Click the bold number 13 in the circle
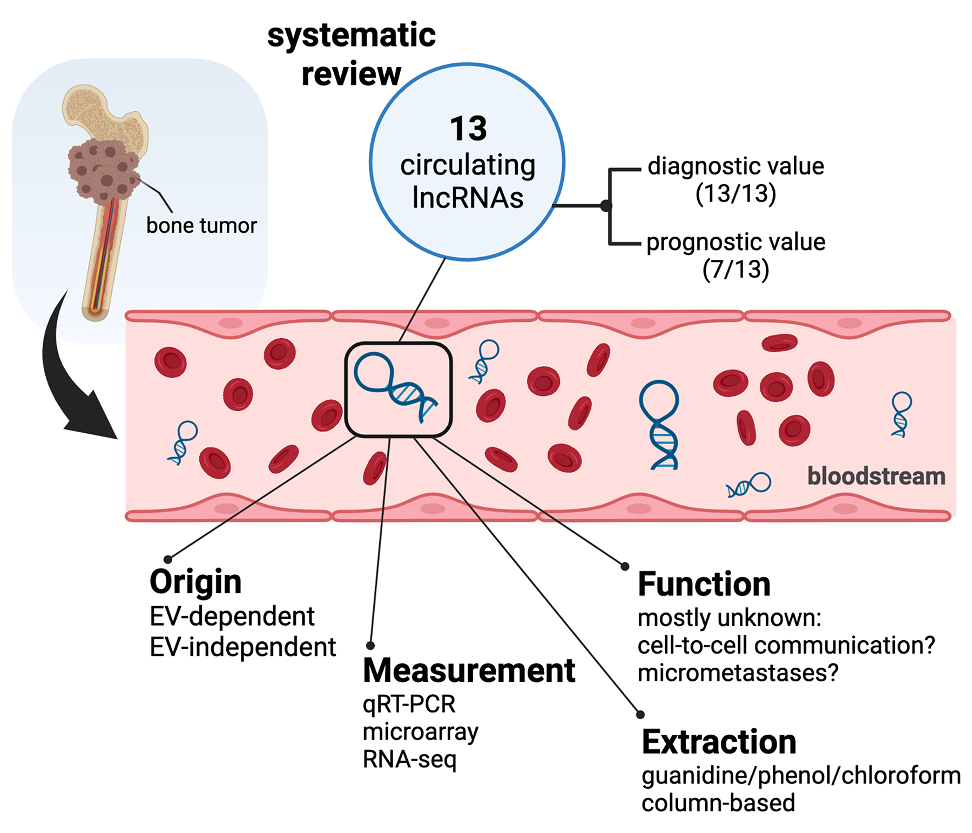click(x=468, y=129)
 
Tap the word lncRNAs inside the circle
click(x=468, y=197)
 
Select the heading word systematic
click(x=352, y=36)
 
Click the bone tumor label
click(x=201, y=225)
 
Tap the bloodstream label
click(x=876, y=476)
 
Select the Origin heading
click(x=195, y=582)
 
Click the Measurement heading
click(x=469, y=670)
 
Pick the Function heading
click(x=704, y=584)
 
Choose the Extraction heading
click(x=719, y=742)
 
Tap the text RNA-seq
click(x=409, y=760)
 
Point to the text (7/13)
click(x=735, y=270)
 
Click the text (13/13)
click(x=735, y=193)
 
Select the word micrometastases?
click(x=738, y=673)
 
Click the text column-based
click(x=718, y=803)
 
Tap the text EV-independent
click(x=242, y=647)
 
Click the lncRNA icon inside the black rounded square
click(x=396, y=387)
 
